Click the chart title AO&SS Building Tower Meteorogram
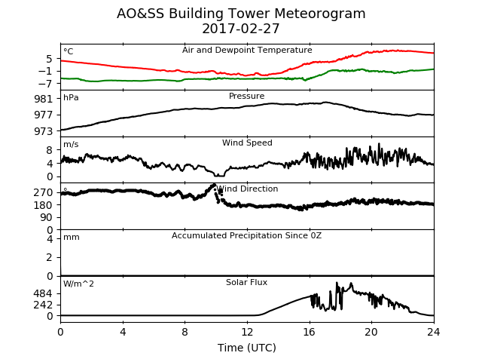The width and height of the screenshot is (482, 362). coord(241,14)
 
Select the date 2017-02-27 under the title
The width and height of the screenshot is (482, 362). coord(241,29)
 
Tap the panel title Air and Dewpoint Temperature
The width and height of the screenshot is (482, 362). coord(247,51)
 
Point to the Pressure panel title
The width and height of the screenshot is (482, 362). coord(246,96)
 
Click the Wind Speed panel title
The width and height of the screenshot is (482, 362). coord(247,143)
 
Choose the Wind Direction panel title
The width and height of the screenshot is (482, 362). coord(247,189)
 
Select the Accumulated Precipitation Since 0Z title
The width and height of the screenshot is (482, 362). coord(246,236)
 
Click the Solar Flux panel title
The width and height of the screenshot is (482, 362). coord(246,283)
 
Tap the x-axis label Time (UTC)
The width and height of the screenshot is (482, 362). coord(247,348)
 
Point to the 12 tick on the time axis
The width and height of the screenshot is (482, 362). coord(247,332)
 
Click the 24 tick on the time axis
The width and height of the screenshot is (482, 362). coord(434,332)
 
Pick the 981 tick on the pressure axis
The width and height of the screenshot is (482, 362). coord(44,99)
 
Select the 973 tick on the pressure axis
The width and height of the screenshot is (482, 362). coord(44,131)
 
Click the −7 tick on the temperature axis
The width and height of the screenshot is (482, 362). coord(45,84)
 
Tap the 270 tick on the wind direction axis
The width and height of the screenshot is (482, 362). coord(44,193)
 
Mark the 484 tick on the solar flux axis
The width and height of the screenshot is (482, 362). coord(44,293)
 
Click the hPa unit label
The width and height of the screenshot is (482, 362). coord(71,98)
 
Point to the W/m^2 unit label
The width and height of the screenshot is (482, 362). coord(78,284)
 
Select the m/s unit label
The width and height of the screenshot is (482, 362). coord(71,144)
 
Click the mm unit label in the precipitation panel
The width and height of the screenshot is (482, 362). coord(72,238)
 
